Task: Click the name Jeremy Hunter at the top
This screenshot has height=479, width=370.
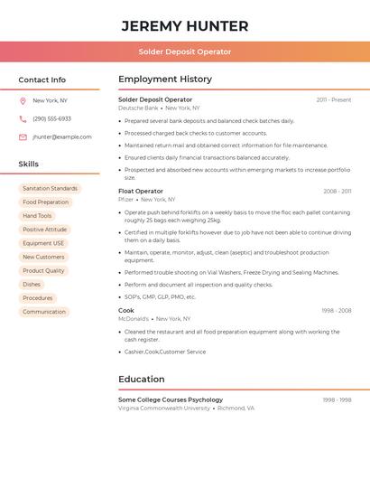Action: pos(185,25)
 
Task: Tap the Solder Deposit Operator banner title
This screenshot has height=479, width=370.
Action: pos(185,52)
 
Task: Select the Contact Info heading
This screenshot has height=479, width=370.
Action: pos(42,80)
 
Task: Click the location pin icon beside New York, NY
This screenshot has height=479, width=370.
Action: pos(23,100)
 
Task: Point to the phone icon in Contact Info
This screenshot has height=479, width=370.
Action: pos(23,118)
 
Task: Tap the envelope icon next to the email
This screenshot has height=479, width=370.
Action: pos(23,136)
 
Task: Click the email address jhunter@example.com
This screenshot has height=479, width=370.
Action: pos(62,136)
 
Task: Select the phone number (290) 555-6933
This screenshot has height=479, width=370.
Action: pos(51,118)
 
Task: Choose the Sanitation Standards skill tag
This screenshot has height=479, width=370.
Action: pos(50,189)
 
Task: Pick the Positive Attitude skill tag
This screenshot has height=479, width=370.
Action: pos(44,230)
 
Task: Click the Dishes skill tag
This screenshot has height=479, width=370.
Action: pos(32,285)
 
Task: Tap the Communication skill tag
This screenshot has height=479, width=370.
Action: pos(44,312)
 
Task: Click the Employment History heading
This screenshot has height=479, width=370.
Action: pos(165,80)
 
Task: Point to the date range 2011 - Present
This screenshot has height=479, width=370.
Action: pos(334,99)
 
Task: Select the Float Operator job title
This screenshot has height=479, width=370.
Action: pos(141,191)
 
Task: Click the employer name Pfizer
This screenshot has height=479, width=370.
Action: pos(126,199)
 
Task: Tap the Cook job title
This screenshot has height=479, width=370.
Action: pos(126,310)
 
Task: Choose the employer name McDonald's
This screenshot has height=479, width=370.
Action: pos(134,318)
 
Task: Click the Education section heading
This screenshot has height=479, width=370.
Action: pos(142,380)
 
